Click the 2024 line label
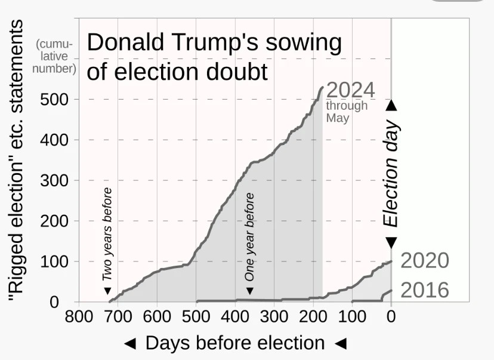click(x=351, y=90)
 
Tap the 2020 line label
click(x=424, y=261)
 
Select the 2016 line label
click(x=424, y=290)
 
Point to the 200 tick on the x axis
click(x=313, y=316)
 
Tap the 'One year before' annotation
click(x=250, y=236)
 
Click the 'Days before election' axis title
click(x=235, y=343)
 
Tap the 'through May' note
click(x=347, y=112)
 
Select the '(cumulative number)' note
click(x=55, y=56)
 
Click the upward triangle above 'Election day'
click(x=391, y=105)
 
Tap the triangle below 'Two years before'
click(x=108, y=291)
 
